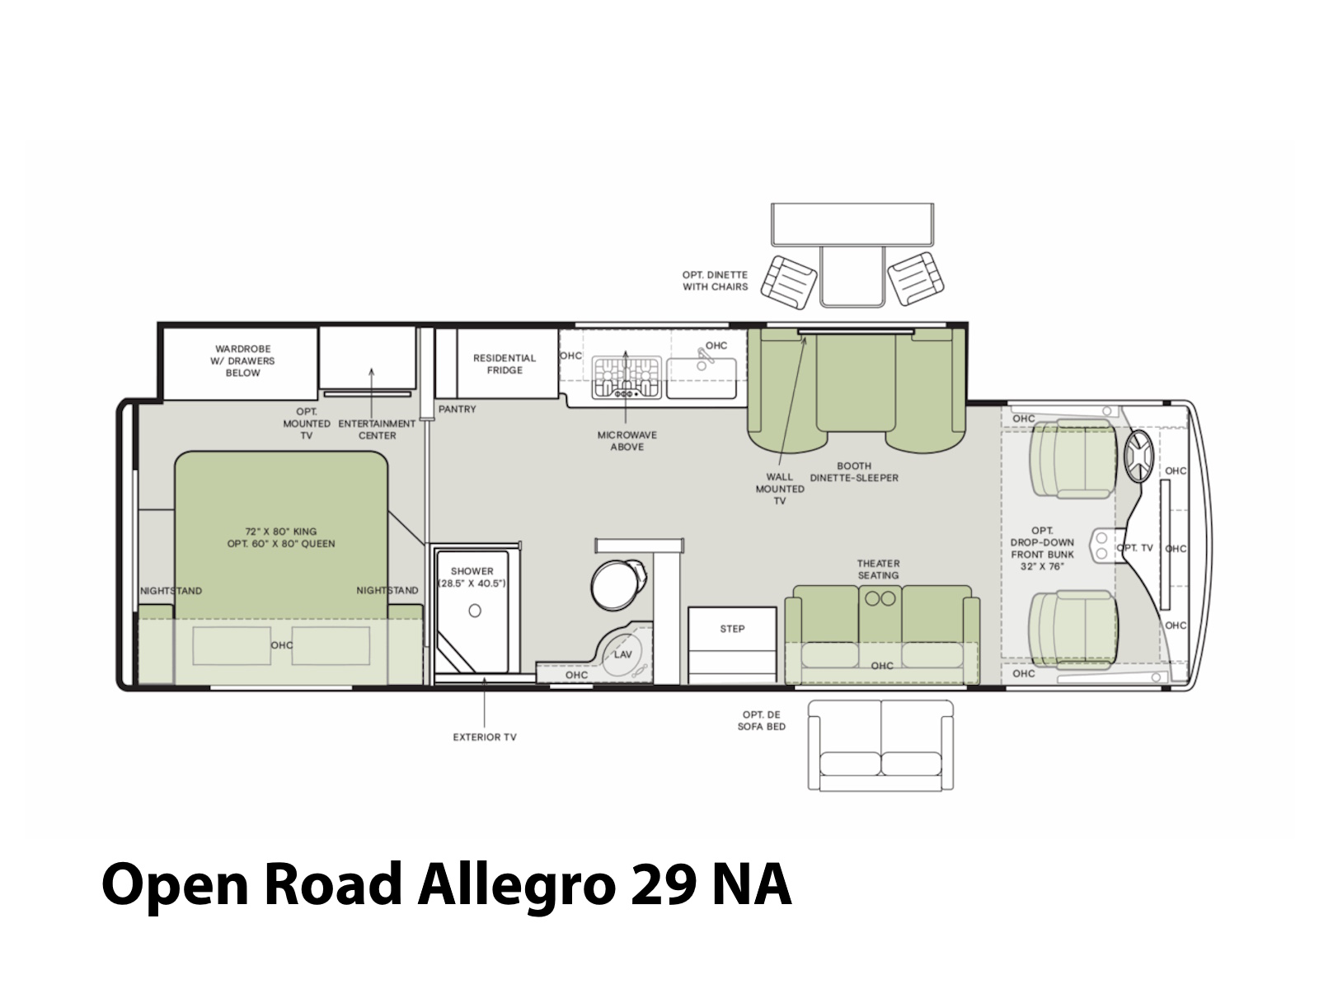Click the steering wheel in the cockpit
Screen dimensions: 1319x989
1138,456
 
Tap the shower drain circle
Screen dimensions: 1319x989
475,611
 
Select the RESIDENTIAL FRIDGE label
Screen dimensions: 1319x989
505,364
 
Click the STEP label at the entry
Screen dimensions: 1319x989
732,629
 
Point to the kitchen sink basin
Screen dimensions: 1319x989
702,378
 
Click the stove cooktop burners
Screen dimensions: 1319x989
627,377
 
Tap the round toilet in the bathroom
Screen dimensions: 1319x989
617,584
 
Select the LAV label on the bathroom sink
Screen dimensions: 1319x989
622,654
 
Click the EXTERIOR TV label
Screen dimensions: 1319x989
485,738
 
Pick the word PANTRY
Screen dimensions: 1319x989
457,410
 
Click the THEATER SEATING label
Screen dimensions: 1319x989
878,569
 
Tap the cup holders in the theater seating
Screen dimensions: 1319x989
880,598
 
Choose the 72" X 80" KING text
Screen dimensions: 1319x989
280,532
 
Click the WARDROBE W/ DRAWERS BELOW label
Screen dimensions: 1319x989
242,361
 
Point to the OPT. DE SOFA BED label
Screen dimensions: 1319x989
762,720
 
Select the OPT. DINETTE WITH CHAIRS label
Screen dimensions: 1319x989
715,281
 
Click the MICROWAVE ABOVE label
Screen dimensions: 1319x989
627,441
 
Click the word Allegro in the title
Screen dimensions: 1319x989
517,886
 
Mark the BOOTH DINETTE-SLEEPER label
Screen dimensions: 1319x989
854,472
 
